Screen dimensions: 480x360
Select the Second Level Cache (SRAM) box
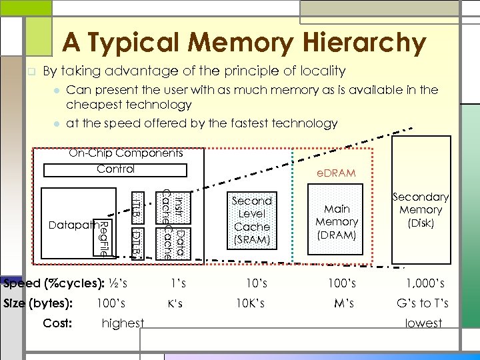pos(252,221)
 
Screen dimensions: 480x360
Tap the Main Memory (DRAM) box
pos(337,221)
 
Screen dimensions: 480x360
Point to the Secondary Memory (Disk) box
pos(421,210)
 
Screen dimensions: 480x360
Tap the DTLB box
pos(136,243)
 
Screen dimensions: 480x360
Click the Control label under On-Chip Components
pos(115,169)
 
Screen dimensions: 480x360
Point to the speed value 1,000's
pos(423,284)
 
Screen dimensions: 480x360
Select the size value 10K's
pos(251,303)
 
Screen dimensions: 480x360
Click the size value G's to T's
pos(423,303)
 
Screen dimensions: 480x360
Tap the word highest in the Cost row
pos(123,323)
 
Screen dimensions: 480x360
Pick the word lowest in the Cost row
pos(423,323)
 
